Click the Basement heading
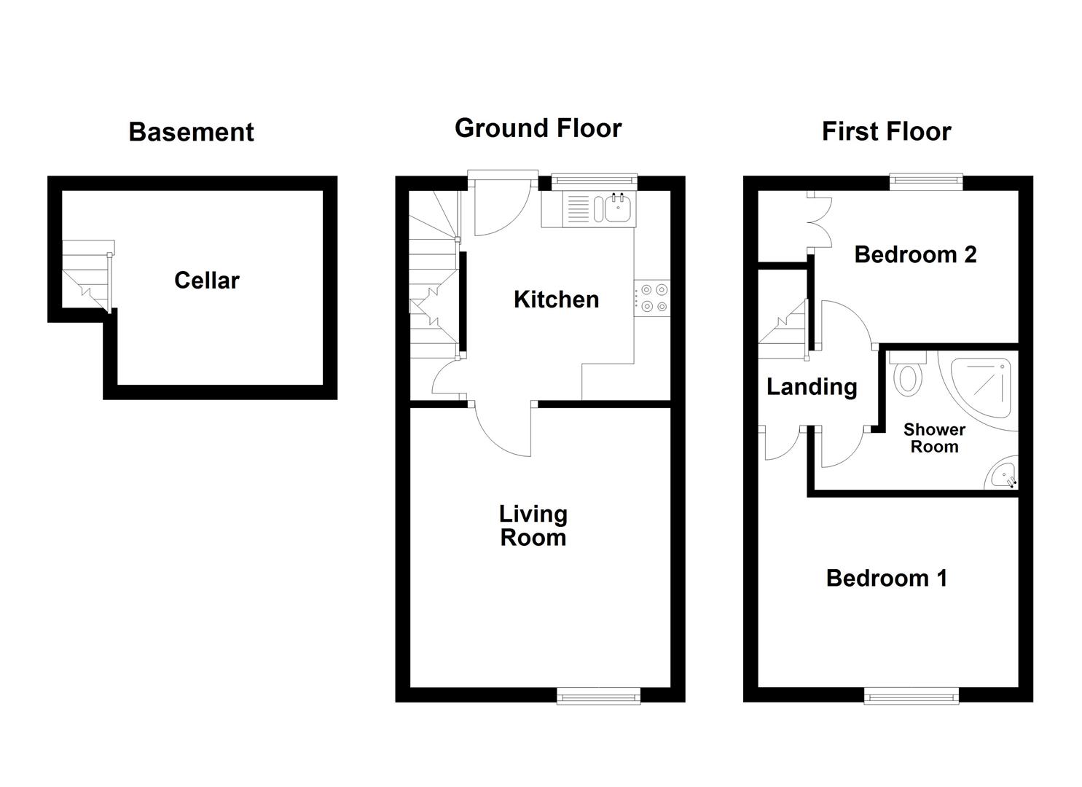click(x=191, y=132)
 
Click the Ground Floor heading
click(x=538, y=128)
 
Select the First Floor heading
click(x=886, y=132)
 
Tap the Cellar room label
click(x=206, y=281)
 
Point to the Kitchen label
click(x=556, y=299)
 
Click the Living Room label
click(x=533, y=525)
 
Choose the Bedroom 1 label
click(x=886, y=579)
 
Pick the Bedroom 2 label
click(x=915, y=255)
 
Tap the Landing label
click(x=812, y=387)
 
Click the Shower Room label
click(x=934, y=439)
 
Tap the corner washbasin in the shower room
click(x=1004, y=476)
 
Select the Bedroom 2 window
click(x=926, y=181)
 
